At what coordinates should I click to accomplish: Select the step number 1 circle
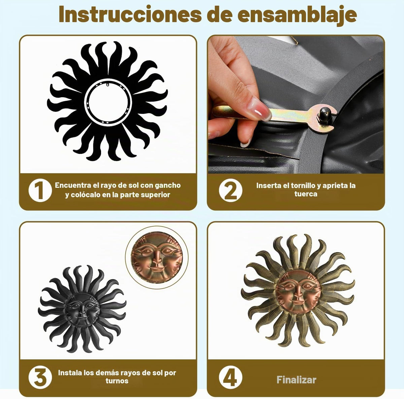click(40, 190)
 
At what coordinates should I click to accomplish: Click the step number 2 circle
click(230, 190)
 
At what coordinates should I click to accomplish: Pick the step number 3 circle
click(40, 377)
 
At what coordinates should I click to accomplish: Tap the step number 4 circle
click(230, 377)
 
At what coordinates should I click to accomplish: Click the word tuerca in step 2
click(306, 194)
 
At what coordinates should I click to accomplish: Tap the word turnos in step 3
click(117, 381)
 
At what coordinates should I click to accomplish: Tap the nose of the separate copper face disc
click(157, 259)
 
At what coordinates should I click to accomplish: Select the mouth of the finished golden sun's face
click(298, 302)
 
